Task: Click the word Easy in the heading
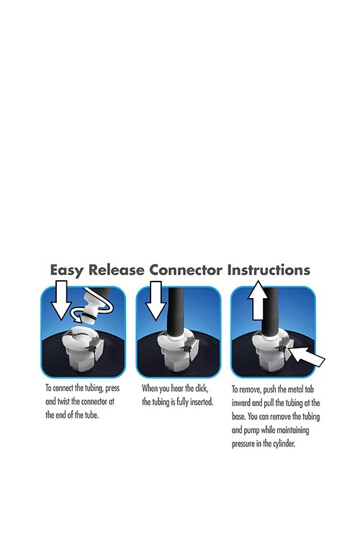66,270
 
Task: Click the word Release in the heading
117,270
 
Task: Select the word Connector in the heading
185,270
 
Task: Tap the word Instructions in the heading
269,270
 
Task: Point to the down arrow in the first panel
61,300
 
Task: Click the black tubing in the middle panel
176,310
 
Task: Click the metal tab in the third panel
284,348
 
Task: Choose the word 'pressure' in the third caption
243,444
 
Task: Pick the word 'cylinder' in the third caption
284,444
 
